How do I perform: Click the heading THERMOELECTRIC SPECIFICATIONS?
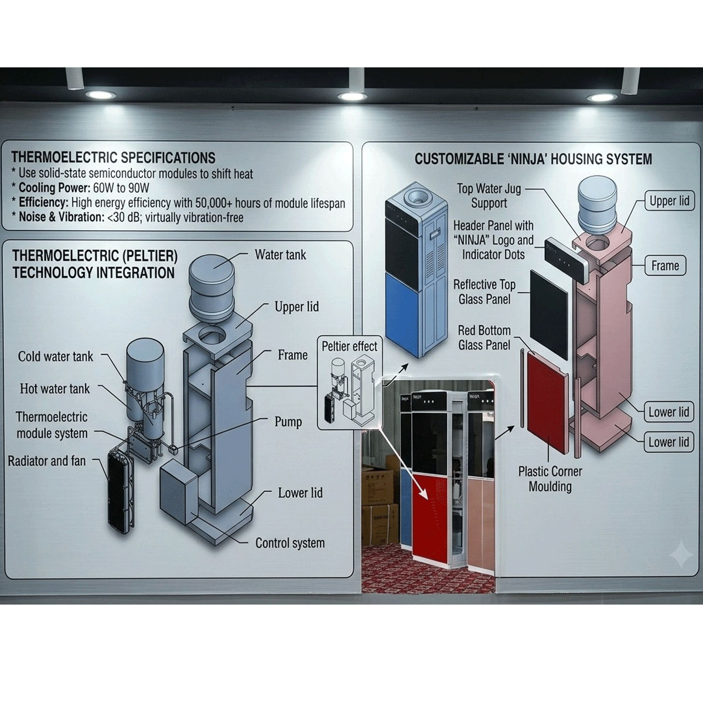[x=113, y=158]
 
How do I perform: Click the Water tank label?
[x=281, y=255]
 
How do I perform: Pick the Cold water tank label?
[x=56, y=356]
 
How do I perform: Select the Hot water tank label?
[x=54, y=388]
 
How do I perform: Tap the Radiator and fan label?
[x=47, y=461]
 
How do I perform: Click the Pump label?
[x=288, y=422]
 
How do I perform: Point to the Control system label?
[x=290, y=543]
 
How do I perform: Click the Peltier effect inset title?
[x=349, y=346]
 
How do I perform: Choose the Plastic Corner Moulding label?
[x=550, y=479]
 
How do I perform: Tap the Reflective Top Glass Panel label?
[x=484, y=292]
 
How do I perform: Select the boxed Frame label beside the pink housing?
[x=665, y=265]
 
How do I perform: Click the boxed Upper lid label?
[x=670, y=201]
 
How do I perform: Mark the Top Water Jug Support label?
[x=489, y=196]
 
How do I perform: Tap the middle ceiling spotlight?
[x=352, y=96]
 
